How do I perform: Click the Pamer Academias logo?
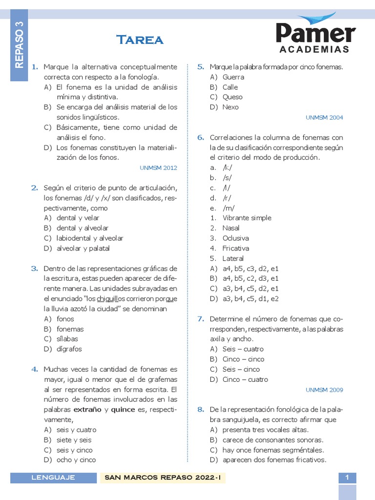(315, 35)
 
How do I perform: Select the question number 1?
(35, 67)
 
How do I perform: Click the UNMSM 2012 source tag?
(158, 168)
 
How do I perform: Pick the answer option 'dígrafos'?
(69, 349)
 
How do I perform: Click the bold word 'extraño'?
(88, 410)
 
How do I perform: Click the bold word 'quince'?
(123, 410)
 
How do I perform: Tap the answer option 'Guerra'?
(233, 77)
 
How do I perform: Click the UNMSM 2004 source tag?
(324, 118)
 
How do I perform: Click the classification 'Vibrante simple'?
(247, 218)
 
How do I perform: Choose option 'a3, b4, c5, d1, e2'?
(250, 299)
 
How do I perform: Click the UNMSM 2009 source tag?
(324, 390)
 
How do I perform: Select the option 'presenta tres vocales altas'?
(265, 430)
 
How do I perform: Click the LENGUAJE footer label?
(53, 478)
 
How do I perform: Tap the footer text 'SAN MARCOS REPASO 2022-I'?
(163, 478)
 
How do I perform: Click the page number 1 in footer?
(347, 478)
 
